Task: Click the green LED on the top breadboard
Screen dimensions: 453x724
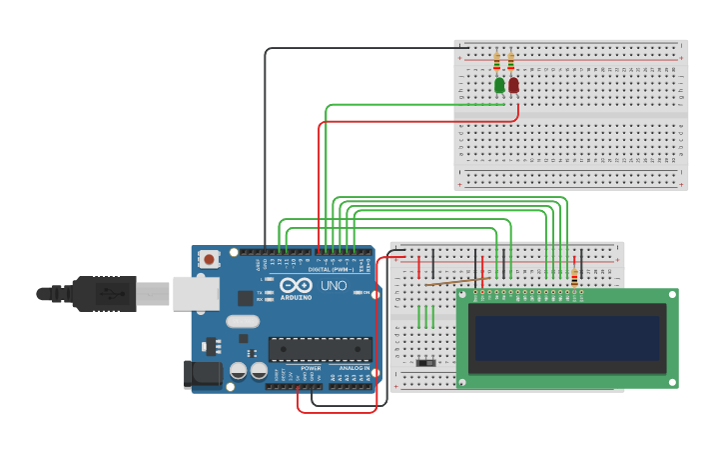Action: [499, 86]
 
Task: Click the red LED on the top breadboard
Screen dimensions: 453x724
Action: [513, 86]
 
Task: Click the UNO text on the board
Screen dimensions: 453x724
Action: [334, 286]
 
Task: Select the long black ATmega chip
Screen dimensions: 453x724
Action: [320, 349]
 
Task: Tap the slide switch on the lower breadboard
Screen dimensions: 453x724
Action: [426, 361]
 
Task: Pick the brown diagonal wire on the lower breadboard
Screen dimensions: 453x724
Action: [455, 281]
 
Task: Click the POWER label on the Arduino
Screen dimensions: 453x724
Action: [311, 368]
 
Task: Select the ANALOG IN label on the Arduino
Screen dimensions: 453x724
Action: [354, 368]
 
